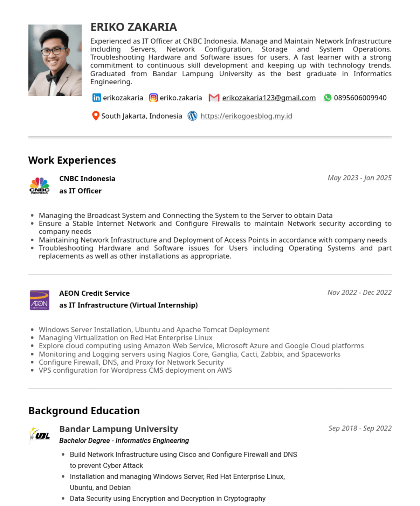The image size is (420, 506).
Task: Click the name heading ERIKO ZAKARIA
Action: [133, 27]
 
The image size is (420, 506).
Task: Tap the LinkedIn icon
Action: [96, 98]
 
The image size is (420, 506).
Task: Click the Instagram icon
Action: [153, 98]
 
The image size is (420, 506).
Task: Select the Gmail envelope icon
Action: [214, 98]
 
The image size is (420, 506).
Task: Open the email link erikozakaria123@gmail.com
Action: [269, 98]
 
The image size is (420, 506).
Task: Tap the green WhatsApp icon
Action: [328, 98]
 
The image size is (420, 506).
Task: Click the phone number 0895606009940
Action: [360, 98]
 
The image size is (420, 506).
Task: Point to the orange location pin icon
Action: [95, 116]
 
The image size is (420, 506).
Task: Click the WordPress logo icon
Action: [192, 116]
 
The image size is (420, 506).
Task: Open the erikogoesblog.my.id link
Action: [246, 116]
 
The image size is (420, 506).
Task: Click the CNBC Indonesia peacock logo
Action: [39, 185]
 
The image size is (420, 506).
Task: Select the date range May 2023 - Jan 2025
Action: [359, 178]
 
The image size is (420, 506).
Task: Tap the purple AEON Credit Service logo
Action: [39, 300]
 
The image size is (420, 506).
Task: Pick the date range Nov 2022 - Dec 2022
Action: [359, 293]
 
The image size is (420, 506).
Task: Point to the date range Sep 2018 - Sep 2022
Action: [360, 428]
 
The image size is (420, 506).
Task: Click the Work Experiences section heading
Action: [72, 160]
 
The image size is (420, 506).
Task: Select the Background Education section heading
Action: [84, 410]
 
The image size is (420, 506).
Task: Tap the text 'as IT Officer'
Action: [80, 191]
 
